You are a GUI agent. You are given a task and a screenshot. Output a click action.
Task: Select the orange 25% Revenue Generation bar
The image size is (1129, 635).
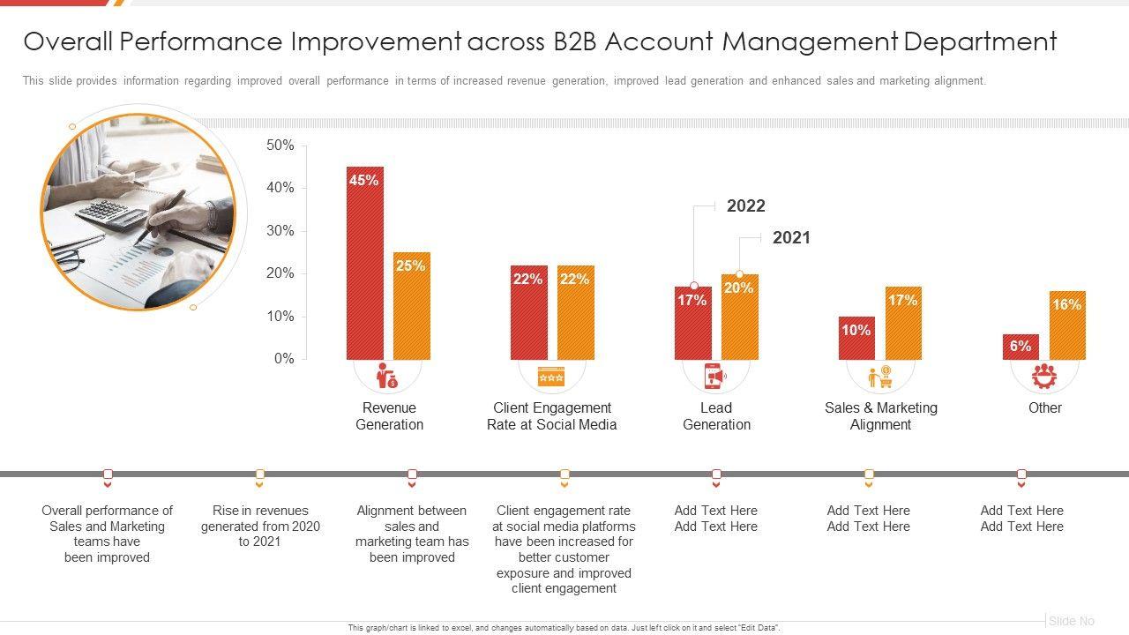click(412, 306)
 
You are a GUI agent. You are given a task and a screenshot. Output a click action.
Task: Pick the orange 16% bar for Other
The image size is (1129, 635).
click(1067, 325)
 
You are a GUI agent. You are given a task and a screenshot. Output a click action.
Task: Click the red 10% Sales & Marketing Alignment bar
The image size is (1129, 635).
click(856, 338)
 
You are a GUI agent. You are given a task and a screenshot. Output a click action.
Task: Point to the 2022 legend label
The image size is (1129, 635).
click(745, 206)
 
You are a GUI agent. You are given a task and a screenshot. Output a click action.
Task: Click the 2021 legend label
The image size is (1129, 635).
click(791, 238)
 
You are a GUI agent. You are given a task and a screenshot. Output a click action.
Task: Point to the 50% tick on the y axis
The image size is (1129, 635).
click(280, 146)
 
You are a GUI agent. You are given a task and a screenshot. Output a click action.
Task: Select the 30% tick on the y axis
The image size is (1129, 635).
click(280, 231)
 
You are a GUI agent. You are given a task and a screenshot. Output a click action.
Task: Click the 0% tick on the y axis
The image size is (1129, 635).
click(284, 359)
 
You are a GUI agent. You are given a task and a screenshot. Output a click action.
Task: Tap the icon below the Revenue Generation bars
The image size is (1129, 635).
click(387, 376)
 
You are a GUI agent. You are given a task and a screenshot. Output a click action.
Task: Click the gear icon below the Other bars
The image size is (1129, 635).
click(1044, 376)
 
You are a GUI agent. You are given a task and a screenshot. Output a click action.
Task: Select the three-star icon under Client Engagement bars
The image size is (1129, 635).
click(551, 377)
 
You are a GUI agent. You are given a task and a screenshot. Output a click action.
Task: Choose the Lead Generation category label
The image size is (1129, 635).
click(716, 416)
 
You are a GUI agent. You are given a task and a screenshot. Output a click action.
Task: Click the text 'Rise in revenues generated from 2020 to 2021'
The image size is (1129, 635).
click(260, 526)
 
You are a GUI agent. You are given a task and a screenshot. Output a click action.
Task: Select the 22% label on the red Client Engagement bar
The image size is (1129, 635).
click(527, 280)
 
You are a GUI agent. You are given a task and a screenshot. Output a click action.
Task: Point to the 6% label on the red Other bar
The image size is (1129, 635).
click(1021, 347)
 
